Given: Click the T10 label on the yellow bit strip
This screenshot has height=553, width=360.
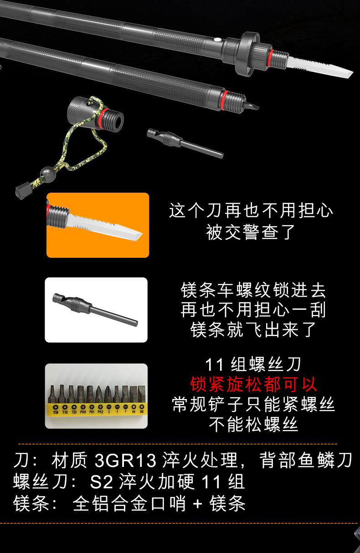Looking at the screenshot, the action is click(x=56, y=412).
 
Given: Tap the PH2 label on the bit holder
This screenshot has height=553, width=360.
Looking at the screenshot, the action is click(x=100, y=412).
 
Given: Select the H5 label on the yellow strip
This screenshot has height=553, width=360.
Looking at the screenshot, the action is click(x=142, y=411).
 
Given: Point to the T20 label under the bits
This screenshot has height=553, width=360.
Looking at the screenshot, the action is click(x=74, y=412).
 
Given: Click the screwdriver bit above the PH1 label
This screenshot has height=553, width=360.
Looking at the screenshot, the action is click(x=90, y=395).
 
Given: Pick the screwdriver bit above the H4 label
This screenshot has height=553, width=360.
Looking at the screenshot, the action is click(x=134, y=394).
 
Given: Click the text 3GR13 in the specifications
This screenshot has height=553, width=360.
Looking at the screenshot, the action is click(x=125, y=460).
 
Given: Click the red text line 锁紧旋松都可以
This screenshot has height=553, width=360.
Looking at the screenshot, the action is click(x=253, y=384).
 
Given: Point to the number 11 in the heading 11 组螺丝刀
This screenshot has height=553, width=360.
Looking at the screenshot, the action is click(x=215, y=365).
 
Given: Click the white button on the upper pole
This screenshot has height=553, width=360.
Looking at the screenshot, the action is click(x=217, y=40).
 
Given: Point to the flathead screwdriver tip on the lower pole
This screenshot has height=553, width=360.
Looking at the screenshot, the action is click(x=252, y=105).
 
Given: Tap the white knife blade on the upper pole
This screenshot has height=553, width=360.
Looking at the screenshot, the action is click(x=320, y=67).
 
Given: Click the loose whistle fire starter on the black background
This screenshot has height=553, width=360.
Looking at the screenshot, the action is click(x=185, y=143).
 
